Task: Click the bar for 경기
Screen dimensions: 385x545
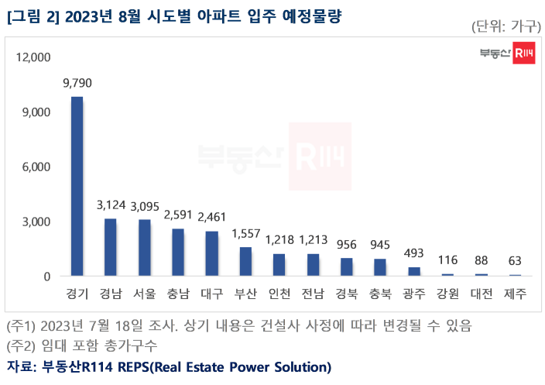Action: pos(77,186)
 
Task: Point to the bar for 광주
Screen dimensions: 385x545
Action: pos(414,272)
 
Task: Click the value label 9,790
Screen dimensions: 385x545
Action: pos(77,82)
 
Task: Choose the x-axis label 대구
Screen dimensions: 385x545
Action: pos(211,294)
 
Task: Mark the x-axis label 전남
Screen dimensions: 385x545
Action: pos(313,294)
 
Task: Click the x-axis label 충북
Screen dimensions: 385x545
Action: pos(380,294)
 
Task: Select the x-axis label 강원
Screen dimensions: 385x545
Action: pos(447,294)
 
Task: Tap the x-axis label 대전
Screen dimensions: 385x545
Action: pos(482,294)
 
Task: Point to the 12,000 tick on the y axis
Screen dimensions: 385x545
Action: pos(33,57)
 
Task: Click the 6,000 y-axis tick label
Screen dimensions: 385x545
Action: pos(36,167)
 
